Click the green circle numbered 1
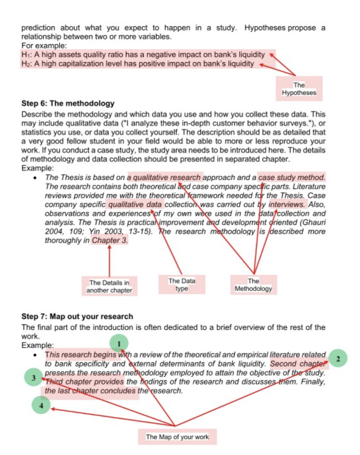(x=119, y=343)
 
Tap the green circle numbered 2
(x=337, y=359)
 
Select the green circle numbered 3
(x=34, y=378)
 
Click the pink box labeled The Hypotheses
(x=299, y=89)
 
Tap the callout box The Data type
(x=182, y=285)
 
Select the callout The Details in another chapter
(x=109, y=287)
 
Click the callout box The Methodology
(x=253, y=285)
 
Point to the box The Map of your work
(x=177, y=437)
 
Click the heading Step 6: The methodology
(x=68, y=103)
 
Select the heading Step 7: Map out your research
(x=77, y=316)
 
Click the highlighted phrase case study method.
(x=292, y=177)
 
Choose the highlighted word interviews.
(x=287, y=204)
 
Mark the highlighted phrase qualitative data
(x=135, y=204)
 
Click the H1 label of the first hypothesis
(x=26, y=55)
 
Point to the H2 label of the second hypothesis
(x=26, y=64)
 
